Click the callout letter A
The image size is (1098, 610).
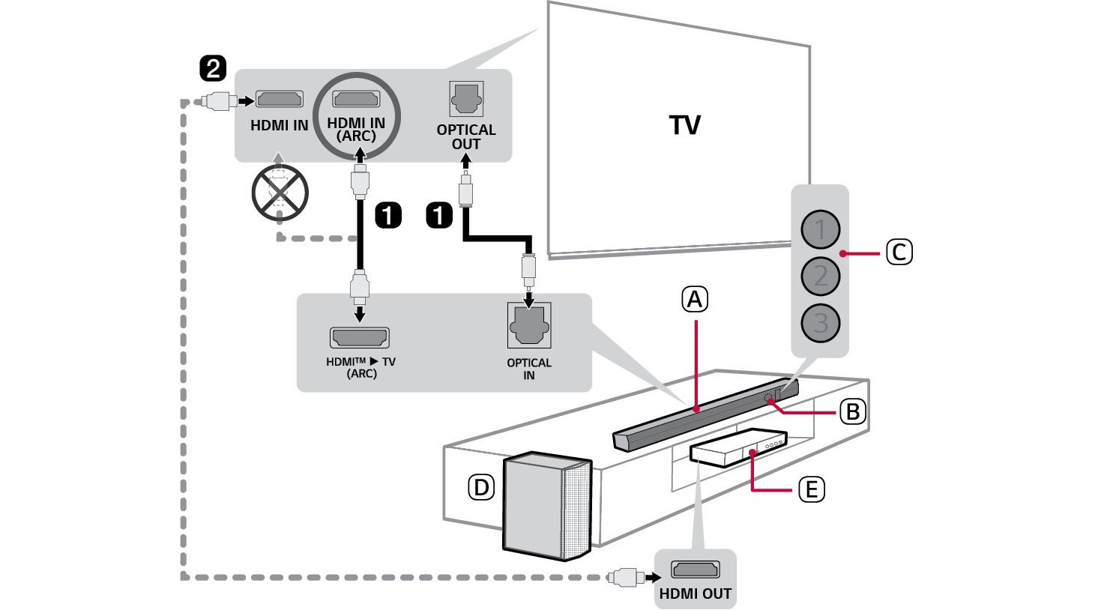pyautogui.click(x=695, y=300)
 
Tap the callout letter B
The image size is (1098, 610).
pyautogui.click(x=852, y=411)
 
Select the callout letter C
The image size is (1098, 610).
pyautogui.click(x=899, y=252)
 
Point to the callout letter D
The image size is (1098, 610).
pyautogui.click(x=481, y=488)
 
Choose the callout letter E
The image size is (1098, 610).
pyautogui.click(x=811, y=489)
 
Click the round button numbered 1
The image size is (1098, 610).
pyautogui.click(x=820, y=229)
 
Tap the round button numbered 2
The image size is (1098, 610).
pyautogui.click(x=820, y=277)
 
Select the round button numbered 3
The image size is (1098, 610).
pyautogui.click(x=820, y=324)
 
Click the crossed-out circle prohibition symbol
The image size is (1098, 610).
pyautogui.click(x=280, y=193)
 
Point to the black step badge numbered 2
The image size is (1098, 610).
pyautogui.click(x=213, y=69)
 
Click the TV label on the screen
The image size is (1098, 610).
pyautogui.click(x=685, y=125)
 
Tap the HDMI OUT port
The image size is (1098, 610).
pyautogui.click(x=695, y=570)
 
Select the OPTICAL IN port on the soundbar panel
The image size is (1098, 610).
pyautogui.click(x=529, y=324)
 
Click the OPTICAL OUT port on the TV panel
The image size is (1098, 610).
pyautogui.click(x=466, y=98)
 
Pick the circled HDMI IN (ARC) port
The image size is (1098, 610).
pyautogui.click(x=356, y=99)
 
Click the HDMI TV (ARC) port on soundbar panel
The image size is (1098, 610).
pyautogui.click(x=360, y=337)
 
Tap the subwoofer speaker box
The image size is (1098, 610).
pyautogui.click(x=546, y=506)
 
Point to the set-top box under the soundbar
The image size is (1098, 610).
pyautogui.click(x=738, y=447)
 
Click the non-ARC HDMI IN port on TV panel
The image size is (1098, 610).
pyautogui.click(x=280, y=99)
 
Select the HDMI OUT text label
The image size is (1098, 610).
pyautogui.click(x=695, y=594)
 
